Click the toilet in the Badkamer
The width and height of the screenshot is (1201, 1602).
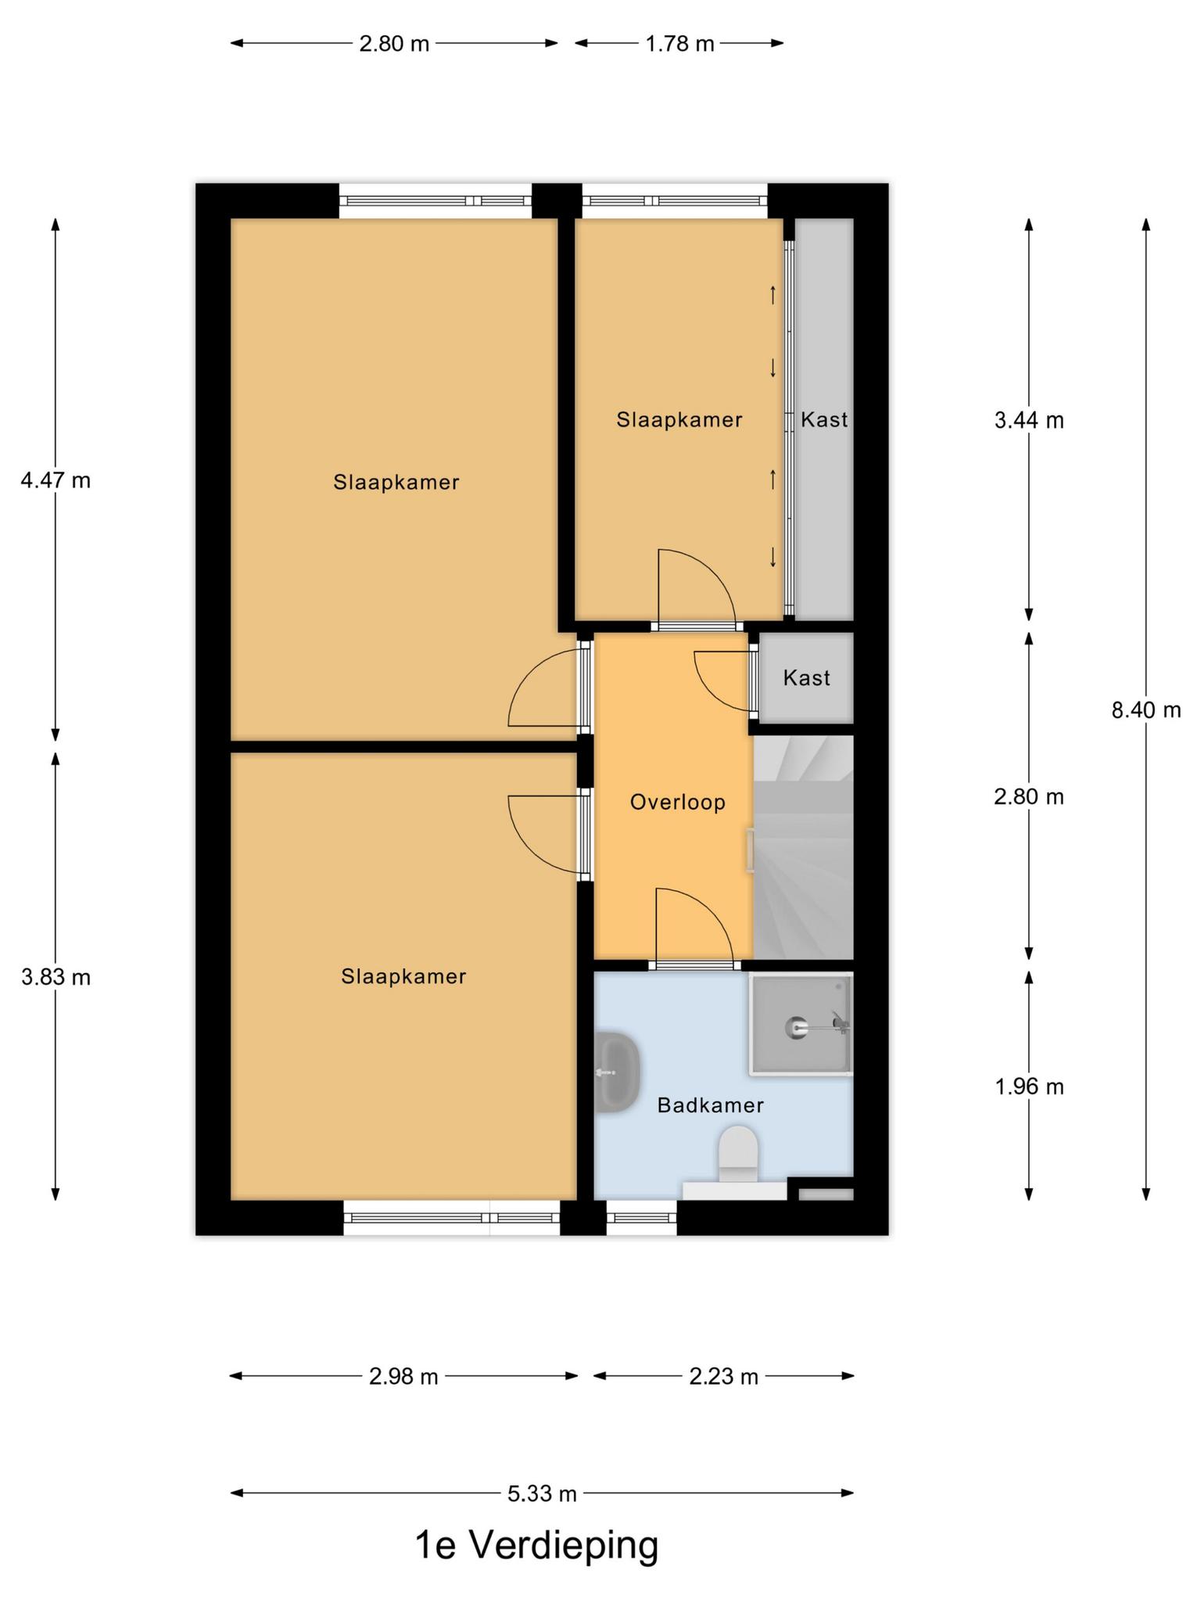[x=738, y=1154]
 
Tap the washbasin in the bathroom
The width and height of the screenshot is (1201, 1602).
[x=618, y=1072]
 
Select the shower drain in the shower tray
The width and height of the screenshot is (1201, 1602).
[x=796, y=1026]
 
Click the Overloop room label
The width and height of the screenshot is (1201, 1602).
[x=678, y=803]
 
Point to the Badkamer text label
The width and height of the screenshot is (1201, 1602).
[x=710, y=1105]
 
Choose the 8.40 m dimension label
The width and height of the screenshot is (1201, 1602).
[x=1146, y=710]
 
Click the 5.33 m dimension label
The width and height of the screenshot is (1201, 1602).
[x=542, y=1494]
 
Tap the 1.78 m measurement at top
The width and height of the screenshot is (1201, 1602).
[x=679, y=44]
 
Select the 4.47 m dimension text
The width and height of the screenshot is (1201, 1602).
[x=56, y=480]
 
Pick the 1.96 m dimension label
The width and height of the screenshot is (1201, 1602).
[x=1029, y=1087]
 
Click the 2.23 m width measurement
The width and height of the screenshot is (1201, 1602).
[x=723, y=1377]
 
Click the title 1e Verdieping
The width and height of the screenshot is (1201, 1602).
[x=536, y=1546]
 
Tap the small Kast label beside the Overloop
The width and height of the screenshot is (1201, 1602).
[x=806, y=677]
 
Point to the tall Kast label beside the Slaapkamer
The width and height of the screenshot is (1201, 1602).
[x=824, y=420]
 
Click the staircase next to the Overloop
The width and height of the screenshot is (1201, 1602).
[x=803, y=847]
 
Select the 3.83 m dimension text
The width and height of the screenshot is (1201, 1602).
[x=56, y=977]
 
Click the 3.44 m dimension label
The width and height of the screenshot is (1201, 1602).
[x=1029, y=421]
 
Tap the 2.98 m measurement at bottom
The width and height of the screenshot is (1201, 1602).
[x=403, y=1377]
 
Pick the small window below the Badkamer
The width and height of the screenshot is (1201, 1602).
[x=641, y=1218]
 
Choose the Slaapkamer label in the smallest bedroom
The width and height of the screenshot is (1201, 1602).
[x=679, y=420]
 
